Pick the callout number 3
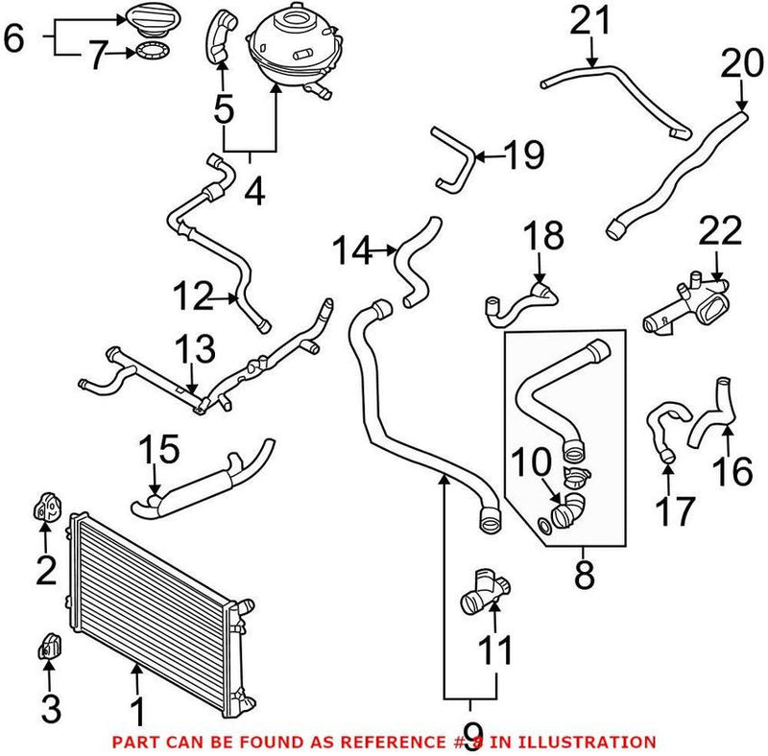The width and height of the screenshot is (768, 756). click(x=50, y=711)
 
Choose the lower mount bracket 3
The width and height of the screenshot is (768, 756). click(x=49, y=649)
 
